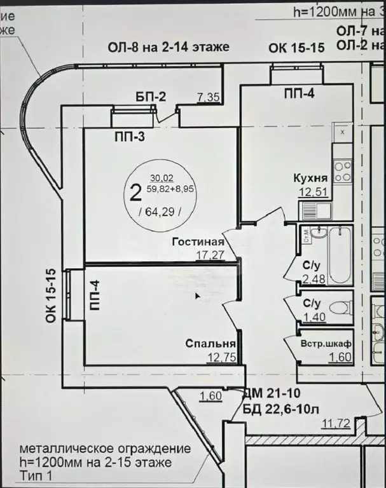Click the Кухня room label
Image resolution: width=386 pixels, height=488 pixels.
click(x=310, y=178)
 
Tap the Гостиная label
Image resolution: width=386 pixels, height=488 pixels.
click(x=198, y=242)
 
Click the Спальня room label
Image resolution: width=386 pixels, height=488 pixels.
click(x=207, y=343)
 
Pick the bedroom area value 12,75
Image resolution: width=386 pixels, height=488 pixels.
click(x=221, y=357)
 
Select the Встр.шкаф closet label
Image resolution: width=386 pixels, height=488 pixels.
click(x=327, y=344)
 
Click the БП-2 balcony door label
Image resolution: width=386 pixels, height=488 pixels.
click(x=151, y=97)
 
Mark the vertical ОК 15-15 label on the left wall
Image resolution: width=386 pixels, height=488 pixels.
click(x=52, y=297)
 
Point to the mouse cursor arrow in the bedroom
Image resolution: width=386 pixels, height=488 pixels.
click(x=197, y=295)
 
